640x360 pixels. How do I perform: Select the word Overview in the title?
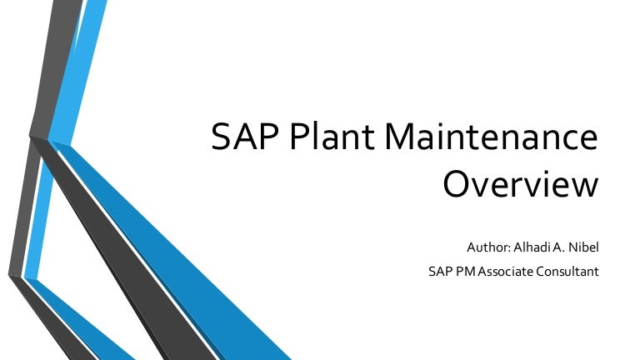coord(520,184)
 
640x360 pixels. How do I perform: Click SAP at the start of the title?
coord(238,138)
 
